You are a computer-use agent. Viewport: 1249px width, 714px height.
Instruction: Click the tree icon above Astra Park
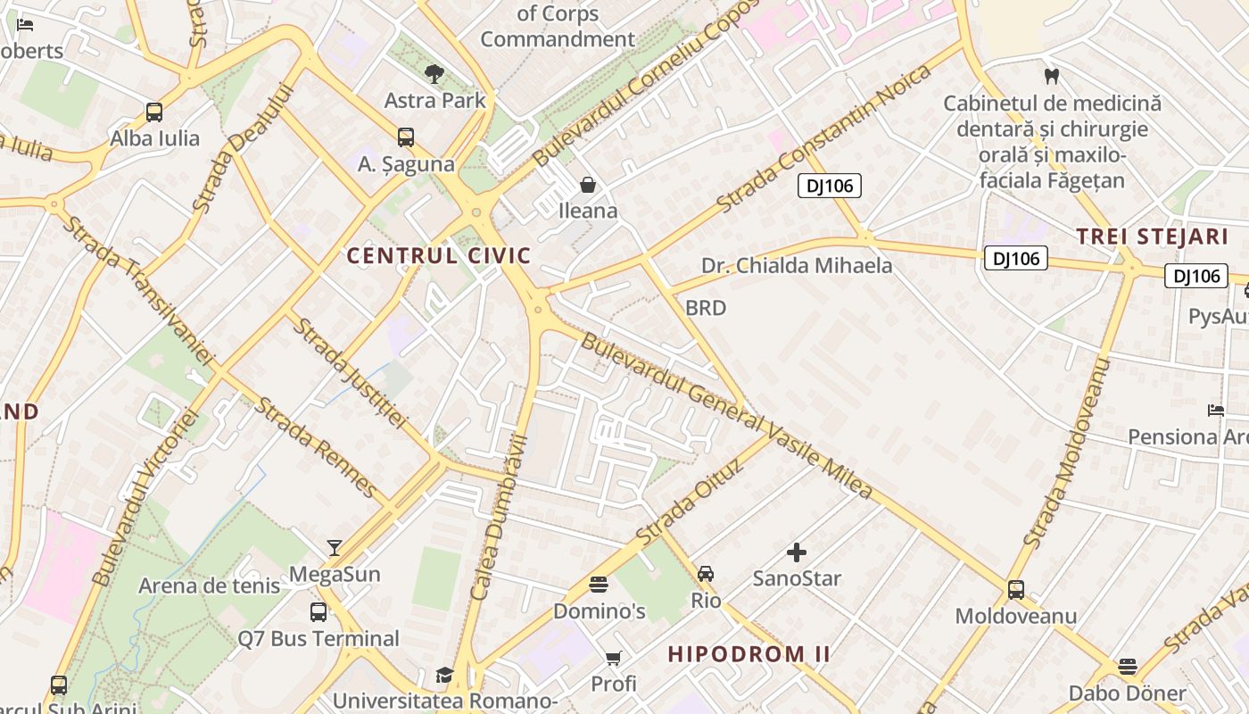point(434,73)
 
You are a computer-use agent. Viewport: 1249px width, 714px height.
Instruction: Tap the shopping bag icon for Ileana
point(588,185)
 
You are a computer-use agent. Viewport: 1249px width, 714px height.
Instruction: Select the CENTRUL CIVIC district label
point(438,256)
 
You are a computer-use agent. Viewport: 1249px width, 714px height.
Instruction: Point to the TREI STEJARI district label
point(1152,237)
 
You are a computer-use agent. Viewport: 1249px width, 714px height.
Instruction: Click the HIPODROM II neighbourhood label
point(749,654)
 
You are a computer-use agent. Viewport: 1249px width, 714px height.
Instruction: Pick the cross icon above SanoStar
point(797,552)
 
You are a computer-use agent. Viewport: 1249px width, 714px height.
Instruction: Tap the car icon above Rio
point(706,574)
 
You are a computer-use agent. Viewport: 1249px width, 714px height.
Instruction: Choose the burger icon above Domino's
point(599,585)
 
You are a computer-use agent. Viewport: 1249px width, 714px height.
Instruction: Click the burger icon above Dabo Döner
point(1128,667)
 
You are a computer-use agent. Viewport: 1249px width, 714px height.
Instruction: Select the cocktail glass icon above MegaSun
point(335,547)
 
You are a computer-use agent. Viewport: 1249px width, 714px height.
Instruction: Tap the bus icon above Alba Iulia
point(154,112)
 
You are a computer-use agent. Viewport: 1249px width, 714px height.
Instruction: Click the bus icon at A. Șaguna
point(406,137)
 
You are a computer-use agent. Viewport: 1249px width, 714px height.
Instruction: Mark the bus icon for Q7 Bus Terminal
point(318,612)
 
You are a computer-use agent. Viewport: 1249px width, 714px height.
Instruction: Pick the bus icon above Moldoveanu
point(1016,590)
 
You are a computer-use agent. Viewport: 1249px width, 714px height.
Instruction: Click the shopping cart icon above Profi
point(613,659)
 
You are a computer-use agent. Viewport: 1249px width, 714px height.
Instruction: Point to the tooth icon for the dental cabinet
point(1052,77)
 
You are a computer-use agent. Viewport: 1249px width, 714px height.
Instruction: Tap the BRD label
point(705,308)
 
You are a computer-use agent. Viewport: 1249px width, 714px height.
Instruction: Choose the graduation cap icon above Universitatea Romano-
point(444,675)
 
